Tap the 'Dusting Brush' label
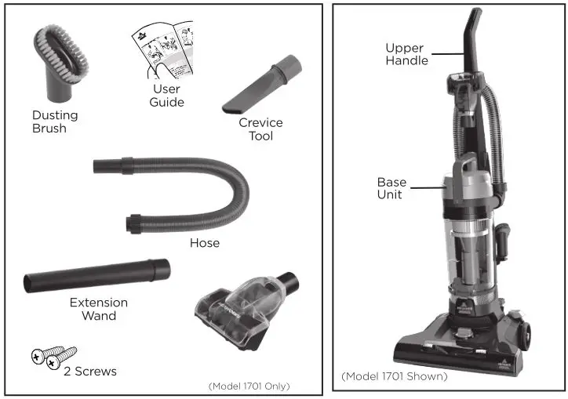(54, 122)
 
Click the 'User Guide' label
(166, 96)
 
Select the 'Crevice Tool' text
(260, 129)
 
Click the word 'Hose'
(204, 243)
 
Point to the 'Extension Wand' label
(99, 309)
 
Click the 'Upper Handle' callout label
(406, 54)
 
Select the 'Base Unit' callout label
(391, 188)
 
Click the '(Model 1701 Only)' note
(249, 386)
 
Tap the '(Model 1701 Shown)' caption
(394, 376)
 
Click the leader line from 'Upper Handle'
(450, 53)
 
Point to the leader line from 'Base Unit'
(428, 187)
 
